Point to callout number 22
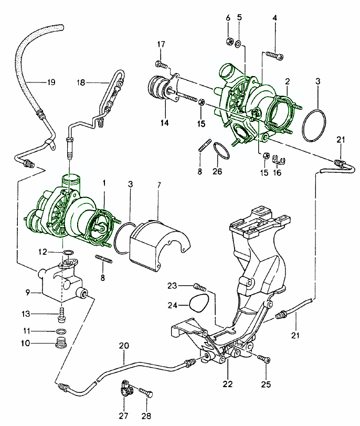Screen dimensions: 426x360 coord(226,384)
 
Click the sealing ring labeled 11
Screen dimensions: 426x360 coord(61,332)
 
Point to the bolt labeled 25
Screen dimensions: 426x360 coord(264,359)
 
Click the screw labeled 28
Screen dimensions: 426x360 coord(147,392)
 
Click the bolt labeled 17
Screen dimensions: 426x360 coord(161,65)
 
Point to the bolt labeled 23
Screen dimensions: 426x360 coord(198,287)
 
